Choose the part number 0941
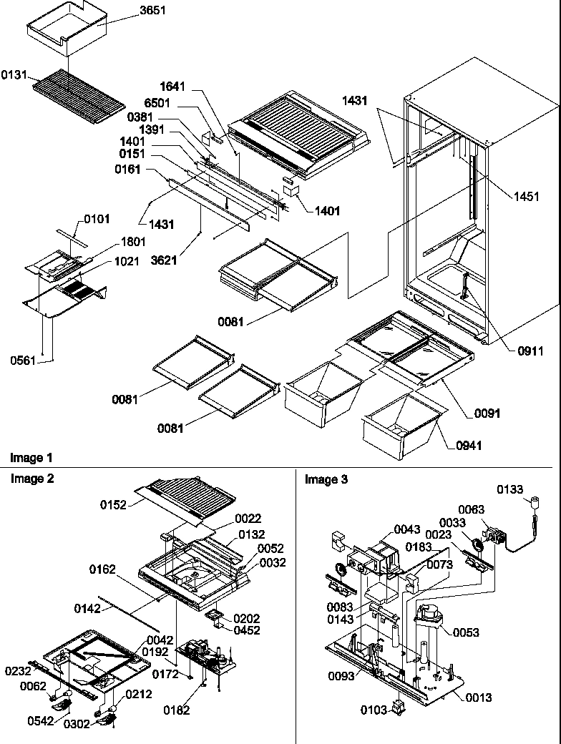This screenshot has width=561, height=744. pyautogui.click(x=469, y=446)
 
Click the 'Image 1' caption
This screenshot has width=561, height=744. pyautogui.click(x=31, y=457)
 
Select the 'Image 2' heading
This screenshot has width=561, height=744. pyautogui.click(x=31, y=479)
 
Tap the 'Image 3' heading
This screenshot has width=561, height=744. pyautogui.click(x=326, y=479)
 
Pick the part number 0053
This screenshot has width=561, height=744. pyautogui.click(x=465, y=633)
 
